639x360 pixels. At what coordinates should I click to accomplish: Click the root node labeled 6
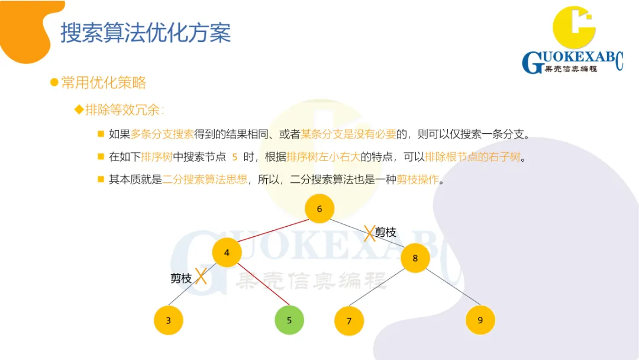click(319, 208)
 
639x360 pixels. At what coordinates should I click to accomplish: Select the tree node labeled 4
click(227, 253)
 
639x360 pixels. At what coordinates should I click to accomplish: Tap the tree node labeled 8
click(415, 258)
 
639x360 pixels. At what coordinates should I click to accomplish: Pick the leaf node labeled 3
click(169, 320)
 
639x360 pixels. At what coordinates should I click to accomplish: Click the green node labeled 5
click(289, 320)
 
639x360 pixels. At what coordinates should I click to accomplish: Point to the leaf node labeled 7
click(349, 321)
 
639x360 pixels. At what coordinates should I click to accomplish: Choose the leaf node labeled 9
click(480, 320)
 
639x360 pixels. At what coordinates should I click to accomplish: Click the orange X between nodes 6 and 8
click(369, 233)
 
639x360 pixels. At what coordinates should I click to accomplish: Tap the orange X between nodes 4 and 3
click(201, 276)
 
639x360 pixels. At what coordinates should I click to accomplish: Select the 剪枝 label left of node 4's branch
click(181, 278)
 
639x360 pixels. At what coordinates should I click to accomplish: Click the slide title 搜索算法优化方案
click(146, 33)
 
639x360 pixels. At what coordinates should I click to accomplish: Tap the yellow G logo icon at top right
click(573, 28)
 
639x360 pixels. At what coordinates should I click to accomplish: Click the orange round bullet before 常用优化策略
click(54, 82)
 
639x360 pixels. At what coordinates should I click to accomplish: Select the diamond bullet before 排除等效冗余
click(78, 110)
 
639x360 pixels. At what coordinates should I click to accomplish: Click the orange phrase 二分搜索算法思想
click(205, 179)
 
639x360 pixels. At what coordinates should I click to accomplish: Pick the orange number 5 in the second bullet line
click(235, 157)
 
